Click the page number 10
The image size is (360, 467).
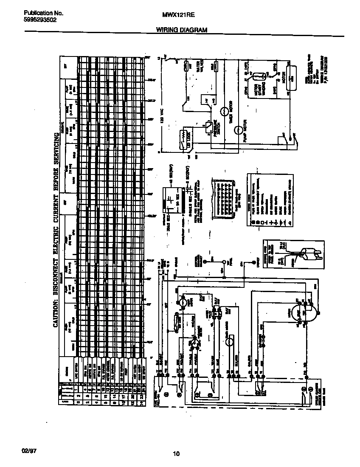[177, 454]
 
